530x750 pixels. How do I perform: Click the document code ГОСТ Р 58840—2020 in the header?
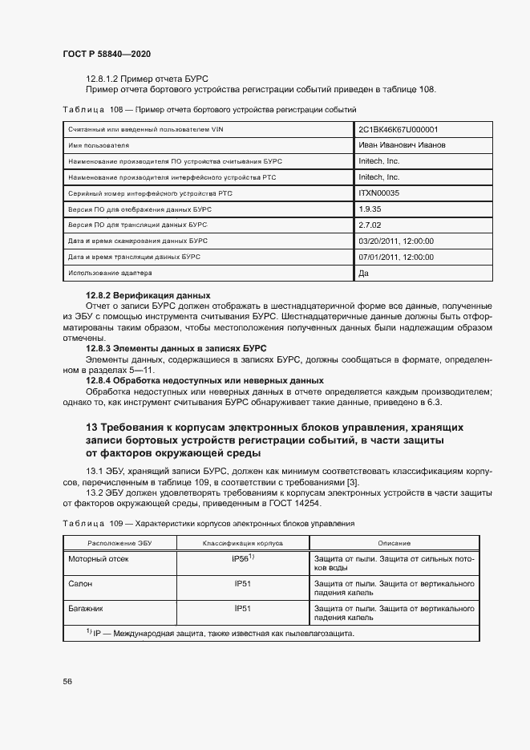point(107,54)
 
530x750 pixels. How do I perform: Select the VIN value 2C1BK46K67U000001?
point(398,129)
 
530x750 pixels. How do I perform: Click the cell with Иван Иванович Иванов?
point(402,145)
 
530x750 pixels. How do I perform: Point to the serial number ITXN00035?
point(379,193)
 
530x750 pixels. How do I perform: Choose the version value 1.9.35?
point(370,209)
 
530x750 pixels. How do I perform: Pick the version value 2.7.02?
point(370,225)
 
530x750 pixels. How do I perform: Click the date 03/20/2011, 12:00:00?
point(396,241)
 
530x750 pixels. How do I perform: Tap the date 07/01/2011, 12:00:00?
point(396,257)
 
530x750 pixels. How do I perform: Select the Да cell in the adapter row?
point(364,274)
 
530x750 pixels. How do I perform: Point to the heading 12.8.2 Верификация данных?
point(148,295)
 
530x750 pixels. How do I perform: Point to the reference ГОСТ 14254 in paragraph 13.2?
point(293,503)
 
